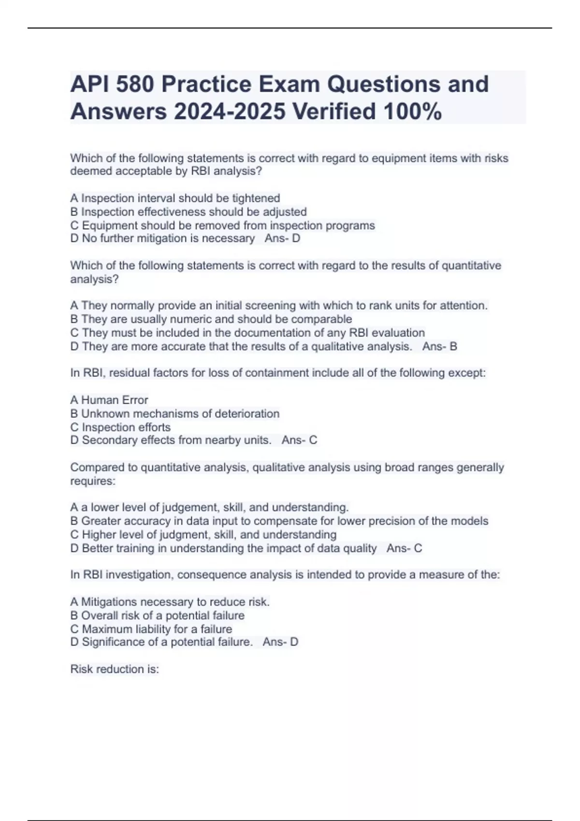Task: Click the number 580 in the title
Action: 133,84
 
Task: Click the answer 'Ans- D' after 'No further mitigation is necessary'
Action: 282,239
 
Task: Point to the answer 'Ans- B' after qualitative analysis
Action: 439,347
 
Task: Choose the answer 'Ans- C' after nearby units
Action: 299,440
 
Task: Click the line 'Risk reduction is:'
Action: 115,669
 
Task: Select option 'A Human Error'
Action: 109,400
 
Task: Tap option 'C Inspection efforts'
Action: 120,427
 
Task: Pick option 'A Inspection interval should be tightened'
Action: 175,198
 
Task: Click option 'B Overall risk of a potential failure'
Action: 158,616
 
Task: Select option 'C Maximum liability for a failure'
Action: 151,629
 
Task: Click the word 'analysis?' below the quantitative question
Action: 94,280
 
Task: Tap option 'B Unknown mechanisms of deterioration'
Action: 175,414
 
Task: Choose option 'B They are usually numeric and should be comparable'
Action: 211,320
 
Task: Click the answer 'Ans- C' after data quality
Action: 404,549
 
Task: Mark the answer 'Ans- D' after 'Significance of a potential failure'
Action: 280,642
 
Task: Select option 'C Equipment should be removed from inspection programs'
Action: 222,226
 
